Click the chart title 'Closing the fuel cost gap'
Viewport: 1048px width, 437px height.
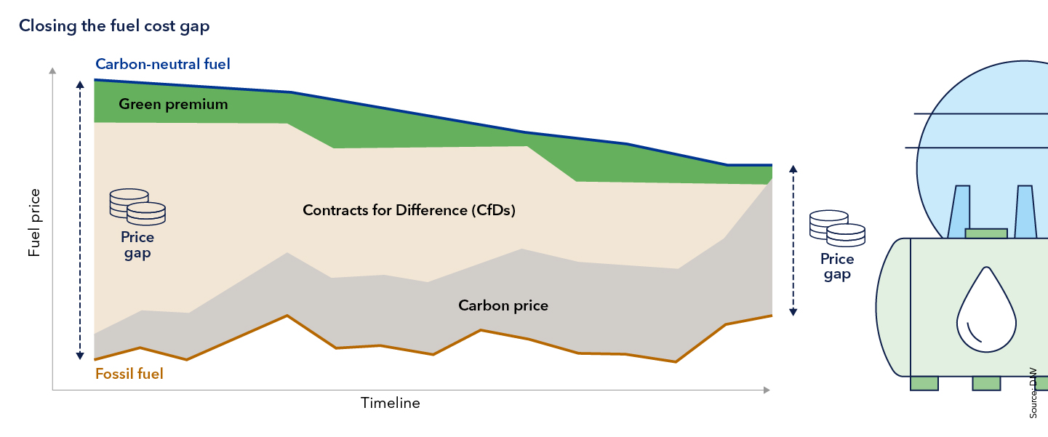click(x=114, y=26)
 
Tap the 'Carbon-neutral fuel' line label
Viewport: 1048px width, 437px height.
click(x=163, y=64)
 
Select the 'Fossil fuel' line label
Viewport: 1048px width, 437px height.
click(x=129, y=374)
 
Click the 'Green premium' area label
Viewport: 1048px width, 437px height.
click(x=173, y=104)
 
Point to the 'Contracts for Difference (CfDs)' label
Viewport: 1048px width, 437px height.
click(x=409, y=211)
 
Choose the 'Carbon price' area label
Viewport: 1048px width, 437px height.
click(x=503, y=305)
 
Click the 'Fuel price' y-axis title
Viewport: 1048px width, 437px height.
click(x=34, y=222)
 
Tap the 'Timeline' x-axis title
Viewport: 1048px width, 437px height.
click(x=391, y=403)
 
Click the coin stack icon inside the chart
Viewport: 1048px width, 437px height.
click(x=137, y=206)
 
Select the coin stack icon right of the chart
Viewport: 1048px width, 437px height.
click(x=837, y=228)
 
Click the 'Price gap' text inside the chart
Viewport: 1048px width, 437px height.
click(x=137, y=246)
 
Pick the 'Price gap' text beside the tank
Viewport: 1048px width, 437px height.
click(x=837, y=267)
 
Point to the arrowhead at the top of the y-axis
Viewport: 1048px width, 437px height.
click(x=52, y=71)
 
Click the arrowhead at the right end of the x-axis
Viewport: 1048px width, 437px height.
click(x=766, y=391)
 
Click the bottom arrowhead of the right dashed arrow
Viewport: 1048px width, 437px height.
click(x=793, y=312)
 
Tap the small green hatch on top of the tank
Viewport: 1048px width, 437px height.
click(x=985, y=233)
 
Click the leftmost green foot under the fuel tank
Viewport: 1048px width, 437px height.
click(x=924, y=383)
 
